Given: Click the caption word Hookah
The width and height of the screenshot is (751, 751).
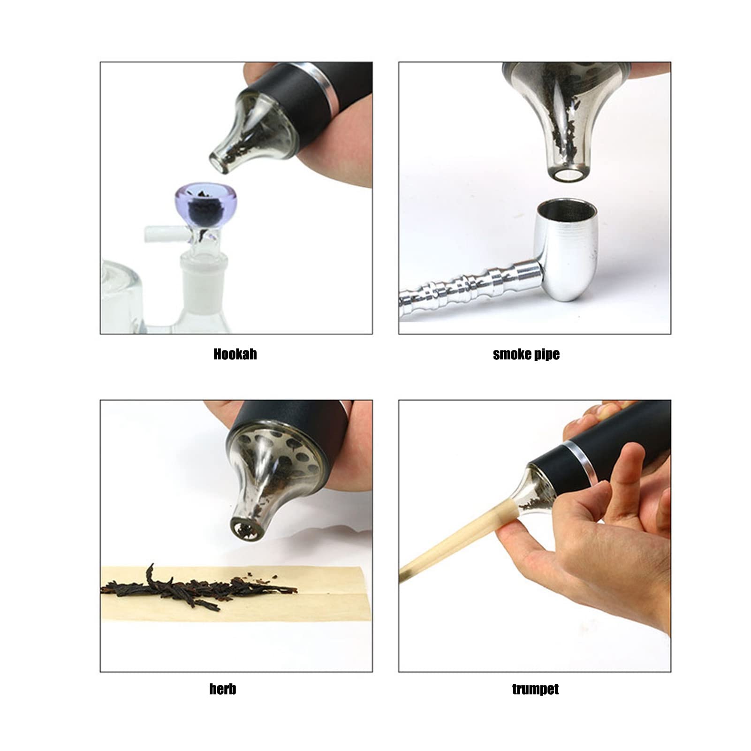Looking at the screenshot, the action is pos(235,354).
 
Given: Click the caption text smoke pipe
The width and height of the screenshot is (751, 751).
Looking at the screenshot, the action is pos(526,354).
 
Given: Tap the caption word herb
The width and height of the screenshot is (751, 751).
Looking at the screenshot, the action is pos(223,689).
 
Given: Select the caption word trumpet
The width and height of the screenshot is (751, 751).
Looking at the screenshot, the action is pos(535,689).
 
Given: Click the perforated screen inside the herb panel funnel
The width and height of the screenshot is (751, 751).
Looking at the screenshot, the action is pos(274,450).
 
